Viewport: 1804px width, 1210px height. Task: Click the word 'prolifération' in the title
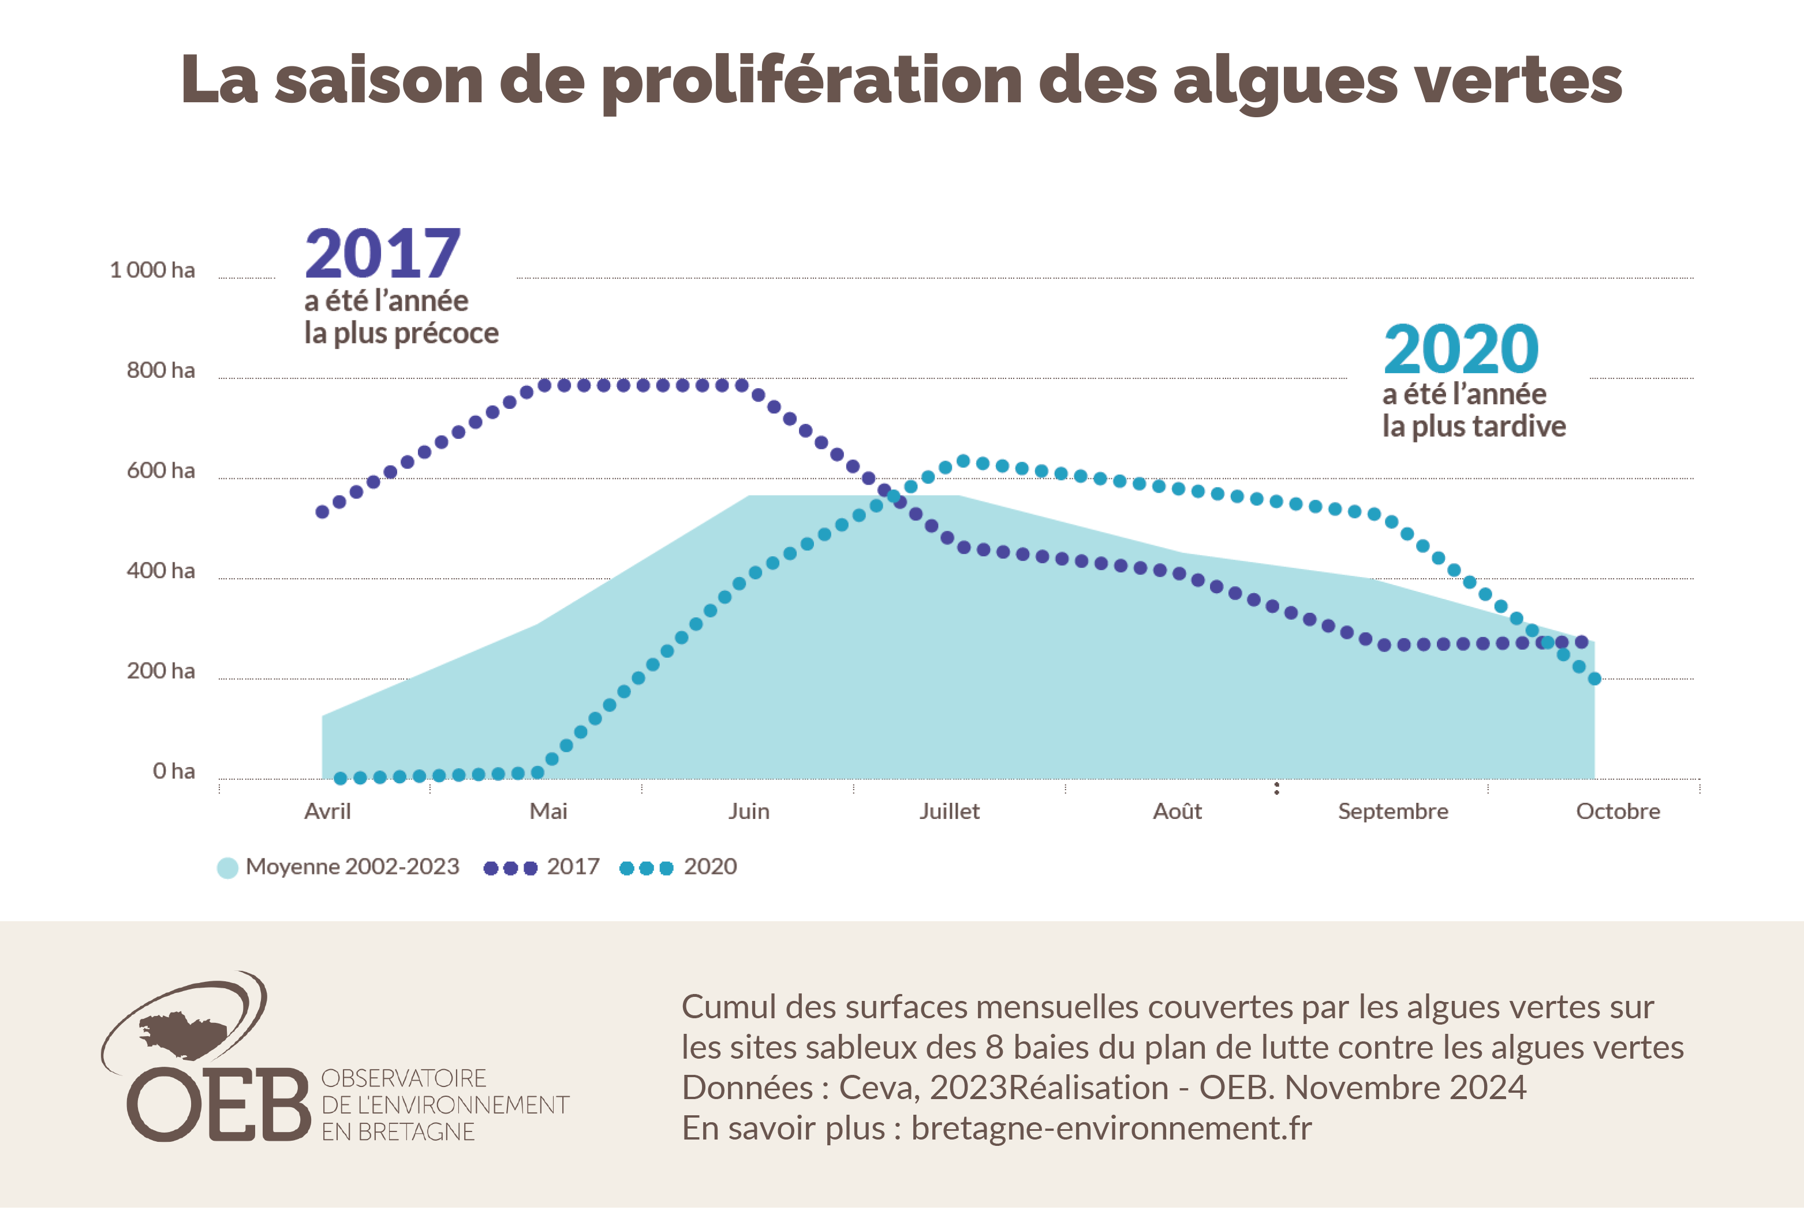tap(810, 81)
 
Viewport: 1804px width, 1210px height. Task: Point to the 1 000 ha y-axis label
tap(153, 270)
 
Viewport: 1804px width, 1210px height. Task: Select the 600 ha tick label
tap(160, 471)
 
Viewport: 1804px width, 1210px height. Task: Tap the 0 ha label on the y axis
tap(174, 771)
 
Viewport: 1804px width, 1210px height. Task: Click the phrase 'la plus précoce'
tap(401, 333)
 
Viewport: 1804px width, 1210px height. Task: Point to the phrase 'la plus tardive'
tap(1473, 427)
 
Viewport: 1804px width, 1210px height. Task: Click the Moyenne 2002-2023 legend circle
tap(227, 868)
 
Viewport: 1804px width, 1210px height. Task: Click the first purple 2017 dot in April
tap(322, 512)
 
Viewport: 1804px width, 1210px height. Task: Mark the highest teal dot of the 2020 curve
tap(962, 461)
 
